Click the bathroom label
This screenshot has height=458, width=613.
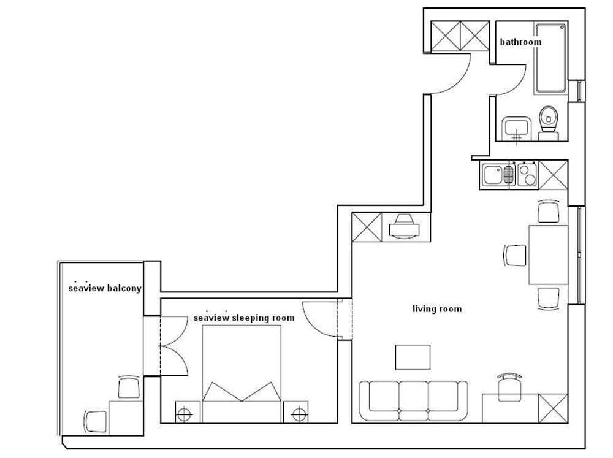(x=520, y=42)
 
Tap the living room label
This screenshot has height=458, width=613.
(x=437, y=308)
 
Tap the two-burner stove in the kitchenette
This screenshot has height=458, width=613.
(x=527, y=175)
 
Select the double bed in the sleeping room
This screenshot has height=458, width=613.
(x=242, y=374)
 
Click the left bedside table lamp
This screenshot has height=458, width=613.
(x=184, y=414)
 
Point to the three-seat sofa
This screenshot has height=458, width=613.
(x=413, y=401)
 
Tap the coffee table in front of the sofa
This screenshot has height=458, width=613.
(x=413, y=357)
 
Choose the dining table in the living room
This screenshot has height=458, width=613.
(x=549, y=254)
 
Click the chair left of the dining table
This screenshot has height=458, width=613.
(x=515, y=256)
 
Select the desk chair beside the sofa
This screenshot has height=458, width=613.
(x=510, y=387)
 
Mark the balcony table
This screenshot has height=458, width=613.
(x=126, y=418)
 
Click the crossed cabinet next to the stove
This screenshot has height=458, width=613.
(x=553, y=175)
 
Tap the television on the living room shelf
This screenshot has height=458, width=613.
(x=404, y=226)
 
